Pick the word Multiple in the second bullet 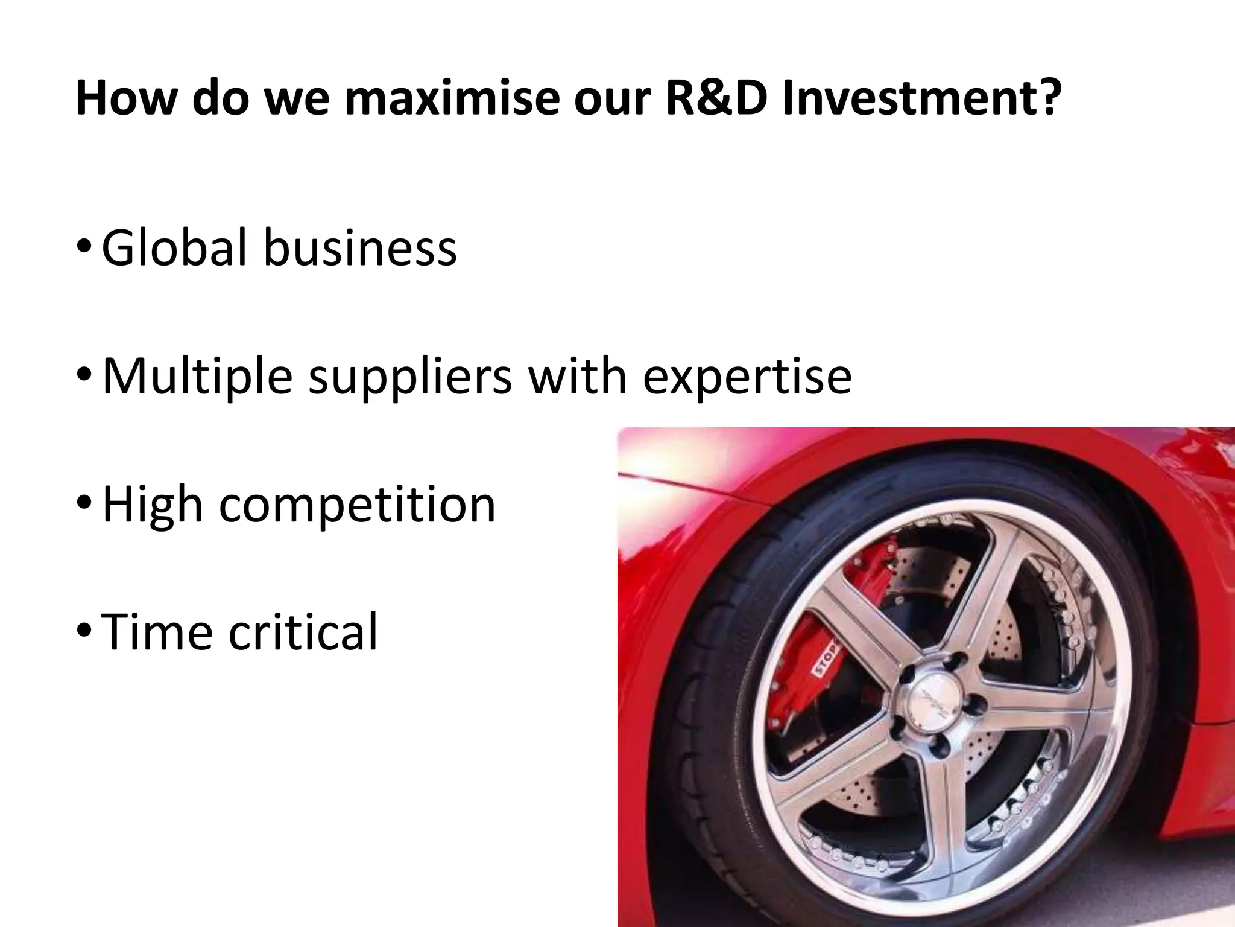198,376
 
